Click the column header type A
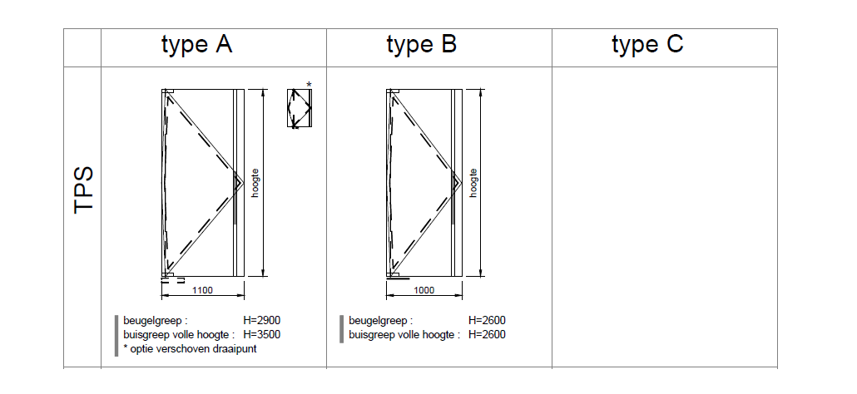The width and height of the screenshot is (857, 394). (x=196, y=45)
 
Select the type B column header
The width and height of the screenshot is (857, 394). (x=422, y=45)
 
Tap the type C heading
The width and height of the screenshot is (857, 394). (x=647, y=45)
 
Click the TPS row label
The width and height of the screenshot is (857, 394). (x=83, y=190)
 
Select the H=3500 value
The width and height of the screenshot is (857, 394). (x=262, y=335)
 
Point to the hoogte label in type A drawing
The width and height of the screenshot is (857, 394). (x=255, y=183)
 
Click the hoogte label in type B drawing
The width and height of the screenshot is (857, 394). (x=473, y=183)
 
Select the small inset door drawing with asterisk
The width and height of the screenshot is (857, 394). (x=298, y=108)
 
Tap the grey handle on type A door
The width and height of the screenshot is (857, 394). (x=236, y=199)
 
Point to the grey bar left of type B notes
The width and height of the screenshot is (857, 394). (x=341, y=328)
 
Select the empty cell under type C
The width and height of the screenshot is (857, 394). (x=664, y=216)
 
